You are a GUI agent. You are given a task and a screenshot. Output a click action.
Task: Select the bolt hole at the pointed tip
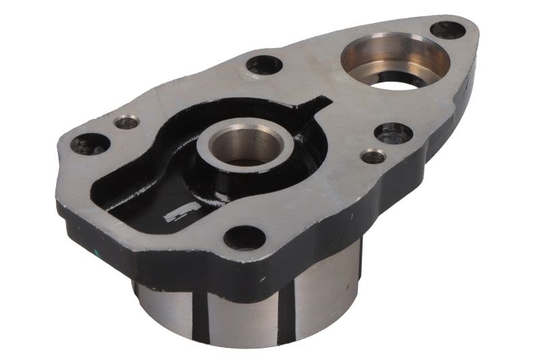tap(448, 30)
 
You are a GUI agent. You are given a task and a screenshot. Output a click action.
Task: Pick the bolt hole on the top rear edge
tap(264, 65)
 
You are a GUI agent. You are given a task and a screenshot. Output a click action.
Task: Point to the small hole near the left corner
tap(126, 122)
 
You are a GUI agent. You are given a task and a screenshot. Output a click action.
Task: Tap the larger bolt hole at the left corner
tap(90, 143)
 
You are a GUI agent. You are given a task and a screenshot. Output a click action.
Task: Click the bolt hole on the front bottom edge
tap(245, 237)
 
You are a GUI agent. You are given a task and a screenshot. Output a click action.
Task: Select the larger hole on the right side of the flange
tap(394, 132)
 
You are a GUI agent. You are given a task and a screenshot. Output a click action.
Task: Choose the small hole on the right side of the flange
tap(373, 157)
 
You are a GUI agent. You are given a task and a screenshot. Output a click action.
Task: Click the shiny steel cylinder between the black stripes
tap(243, 317)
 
